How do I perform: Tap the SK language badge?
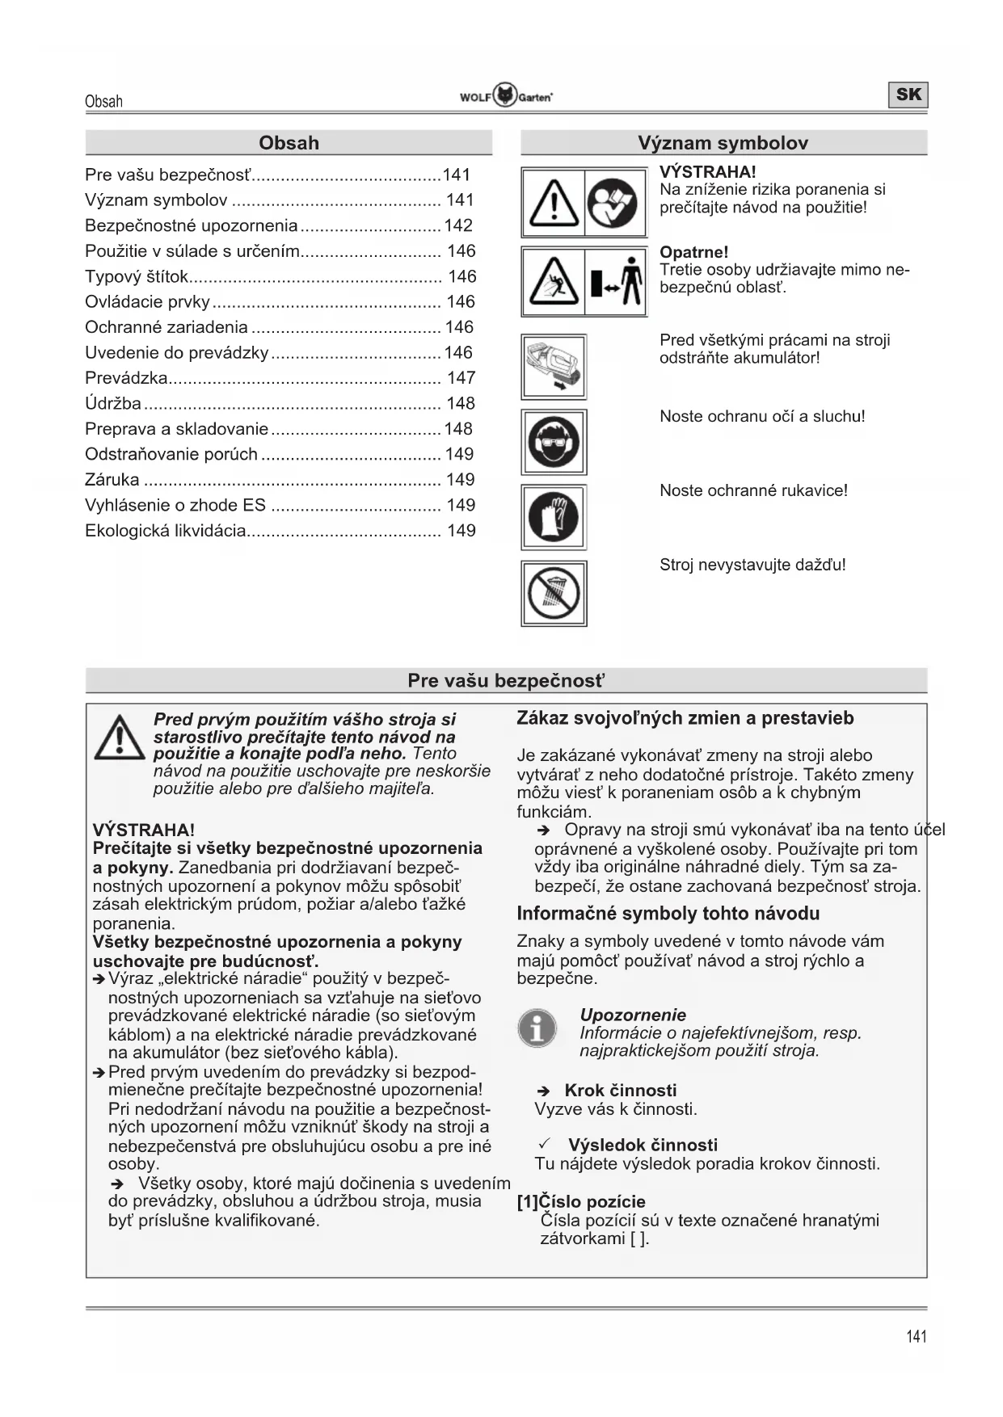[x=908, y=95]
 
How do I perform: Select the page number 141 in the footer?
[x=917, y=1336]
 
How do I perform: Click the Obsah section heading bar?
[x=289, y=143]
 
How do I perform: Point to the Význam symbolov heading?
[x=723, y=143]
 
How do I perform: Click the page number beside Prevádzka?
[x=461, y=378]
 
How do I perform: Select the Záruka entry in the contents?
[x=112, y=480]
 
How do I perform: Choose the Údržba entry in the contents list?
[x=113, y=403]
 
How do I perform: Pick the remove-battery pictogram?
[x=554, y=368]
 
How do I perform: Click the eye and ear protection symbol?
[x=554, y=442]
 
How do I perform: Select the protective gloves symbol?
[x=554, y=517]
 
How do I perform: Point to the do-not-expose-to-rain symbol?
[x=554, y=593]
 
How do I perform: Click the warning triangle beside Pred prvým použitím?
[x=119, y=738]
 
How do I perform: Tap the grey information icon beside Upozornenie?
[x=537, y=1028]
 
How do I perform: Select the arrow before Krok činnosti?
[x=544, y=1091]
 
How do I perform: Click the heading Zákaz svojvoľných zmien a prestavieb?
[x=685, y=718]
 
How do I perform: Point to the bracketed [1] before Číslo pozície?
[x=528, y=1201]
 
